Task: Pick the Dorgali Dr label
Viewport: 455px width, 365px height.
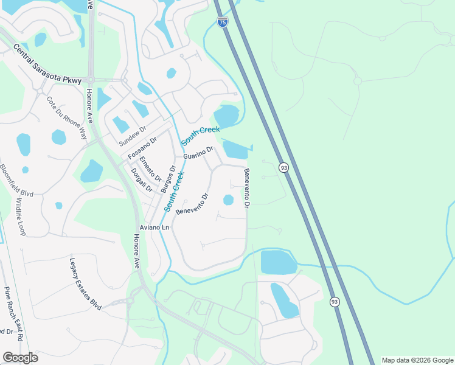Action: pyautogui.click(x=141, y=180)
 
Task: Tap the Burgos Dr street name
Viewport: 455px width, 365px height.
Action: pyautogui.click(x=168, y=179)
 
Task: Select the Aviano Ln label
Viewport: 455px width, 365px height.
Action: pyautogui.click(x=154, y=228)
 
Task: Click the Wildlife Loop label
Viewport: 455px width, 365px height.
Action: pyautogui.click(x=21, y=217)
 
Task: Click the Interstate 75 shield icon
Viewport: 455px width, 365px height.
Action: pyautogui.click(x=222, y=23)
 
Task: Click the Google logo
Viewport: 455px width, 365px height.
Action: pyautogui.click(x=20, y=358)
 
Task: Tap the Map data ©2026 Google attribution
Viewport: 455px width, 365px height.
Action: pyautogui.click(x=417, y=360)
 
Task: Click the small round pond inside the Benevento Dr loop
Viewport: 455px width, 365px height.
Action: pyautogui.click(x=228, y=200)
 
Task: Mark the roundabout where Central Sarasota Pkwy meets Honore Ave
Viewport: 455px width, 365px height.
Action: pyautogui.click(x=90, y=79)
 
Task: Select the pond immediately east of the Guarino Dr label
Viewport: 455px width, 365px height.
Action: pyautogui.click(x=235, y=149)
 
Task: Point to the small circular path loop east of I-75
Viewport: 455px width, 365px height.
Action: pyautogui.click(x=358, y=81)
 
